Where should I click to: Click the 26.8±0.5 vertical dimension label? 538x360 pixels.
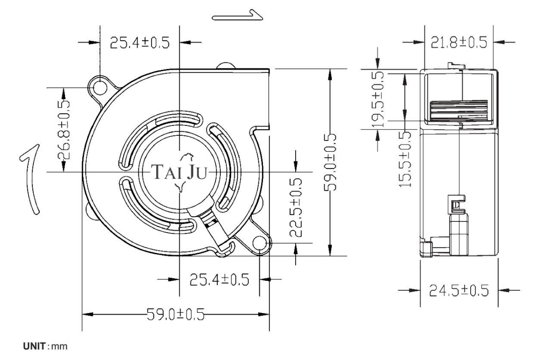64,130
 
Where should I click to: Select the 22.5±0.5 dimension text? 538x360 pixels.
295,208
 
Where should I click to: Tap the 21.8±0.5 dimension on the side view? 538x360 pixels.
459,43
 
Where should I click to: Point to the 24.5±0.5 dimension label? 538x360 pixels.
459,291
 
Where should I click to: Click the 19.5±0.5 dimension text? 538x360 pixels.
378,99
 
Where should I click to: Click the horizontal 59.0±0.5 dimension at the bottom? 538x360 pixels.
175,314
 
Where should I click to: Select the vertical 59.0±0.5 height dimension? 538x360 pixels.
330,162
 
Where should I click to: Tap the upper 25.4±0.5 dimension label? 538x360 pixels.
140,43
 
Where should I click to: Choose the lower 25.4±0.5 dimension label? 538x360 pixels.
219,280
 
